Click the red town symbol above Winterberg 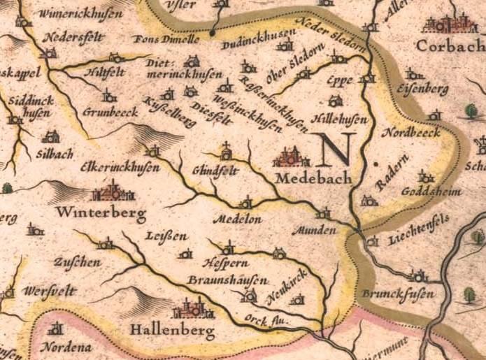(x=113, y=190)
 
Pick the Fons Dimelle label (x=161, y=39)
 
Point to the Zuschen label (x=76, y=262)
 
